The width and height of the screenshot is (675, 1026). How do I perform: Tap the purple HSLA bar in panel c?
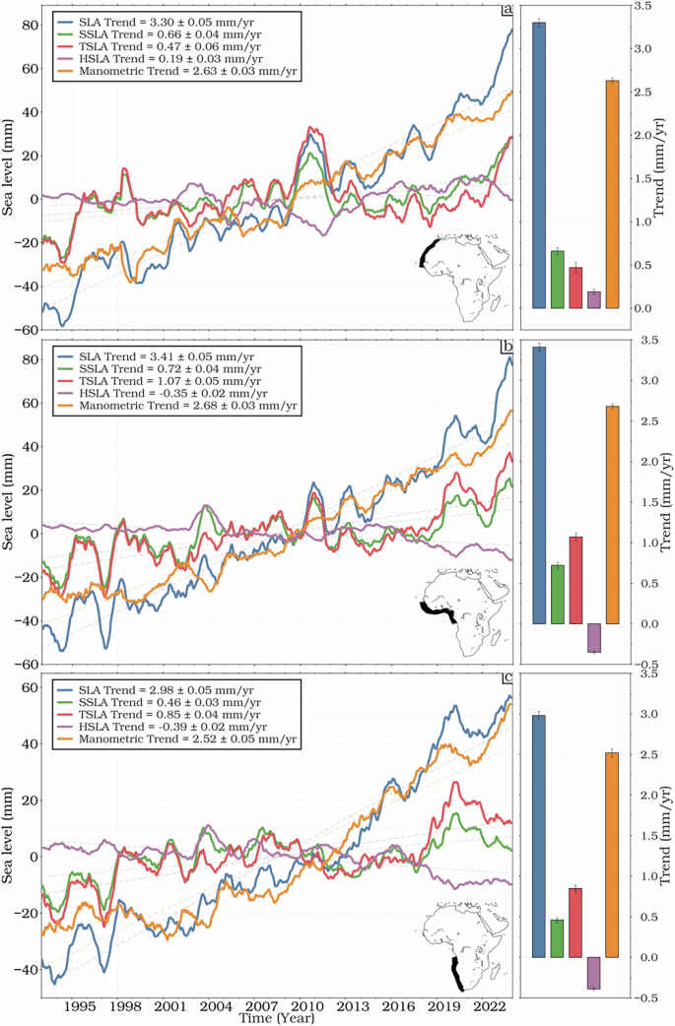point(593,973)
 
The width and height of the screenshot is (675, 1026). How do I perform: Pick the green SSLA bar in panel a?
point(558,280)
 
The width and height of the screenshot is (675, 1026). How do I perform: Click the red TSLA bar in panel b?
point(575,580)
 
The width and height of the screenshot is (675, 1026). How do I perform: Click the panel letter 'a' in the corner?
point(506,11)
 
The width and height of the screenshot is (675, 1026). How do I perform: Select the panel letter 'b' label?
point(506,347)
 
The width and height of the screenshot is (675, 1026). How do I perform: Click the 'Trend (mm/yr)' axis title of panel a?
point(662,167)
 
